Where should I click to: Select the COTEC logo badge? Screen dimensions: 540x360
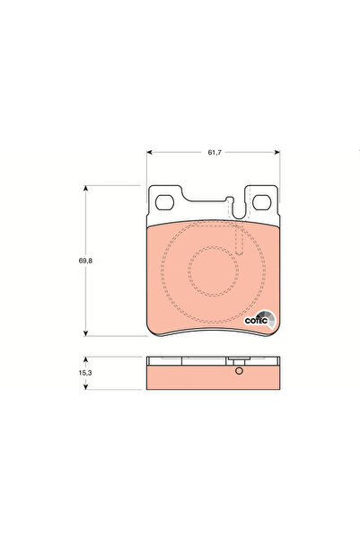[x=260, y=316]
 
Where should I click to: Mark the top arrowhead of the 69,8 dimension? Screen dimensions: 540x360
[x=85, y=188]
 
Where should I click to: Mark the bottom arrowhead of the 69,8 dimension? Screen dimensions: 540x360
[x=85, y=332]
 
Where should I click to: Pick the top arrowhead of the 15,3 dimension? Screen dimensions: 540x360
[x=85, y=357]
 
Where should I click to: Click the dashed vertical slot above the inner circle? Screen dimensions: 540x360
[x=238, y=241]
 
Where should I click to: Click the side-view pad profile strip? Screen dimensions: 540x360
[x=213, y=376]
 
